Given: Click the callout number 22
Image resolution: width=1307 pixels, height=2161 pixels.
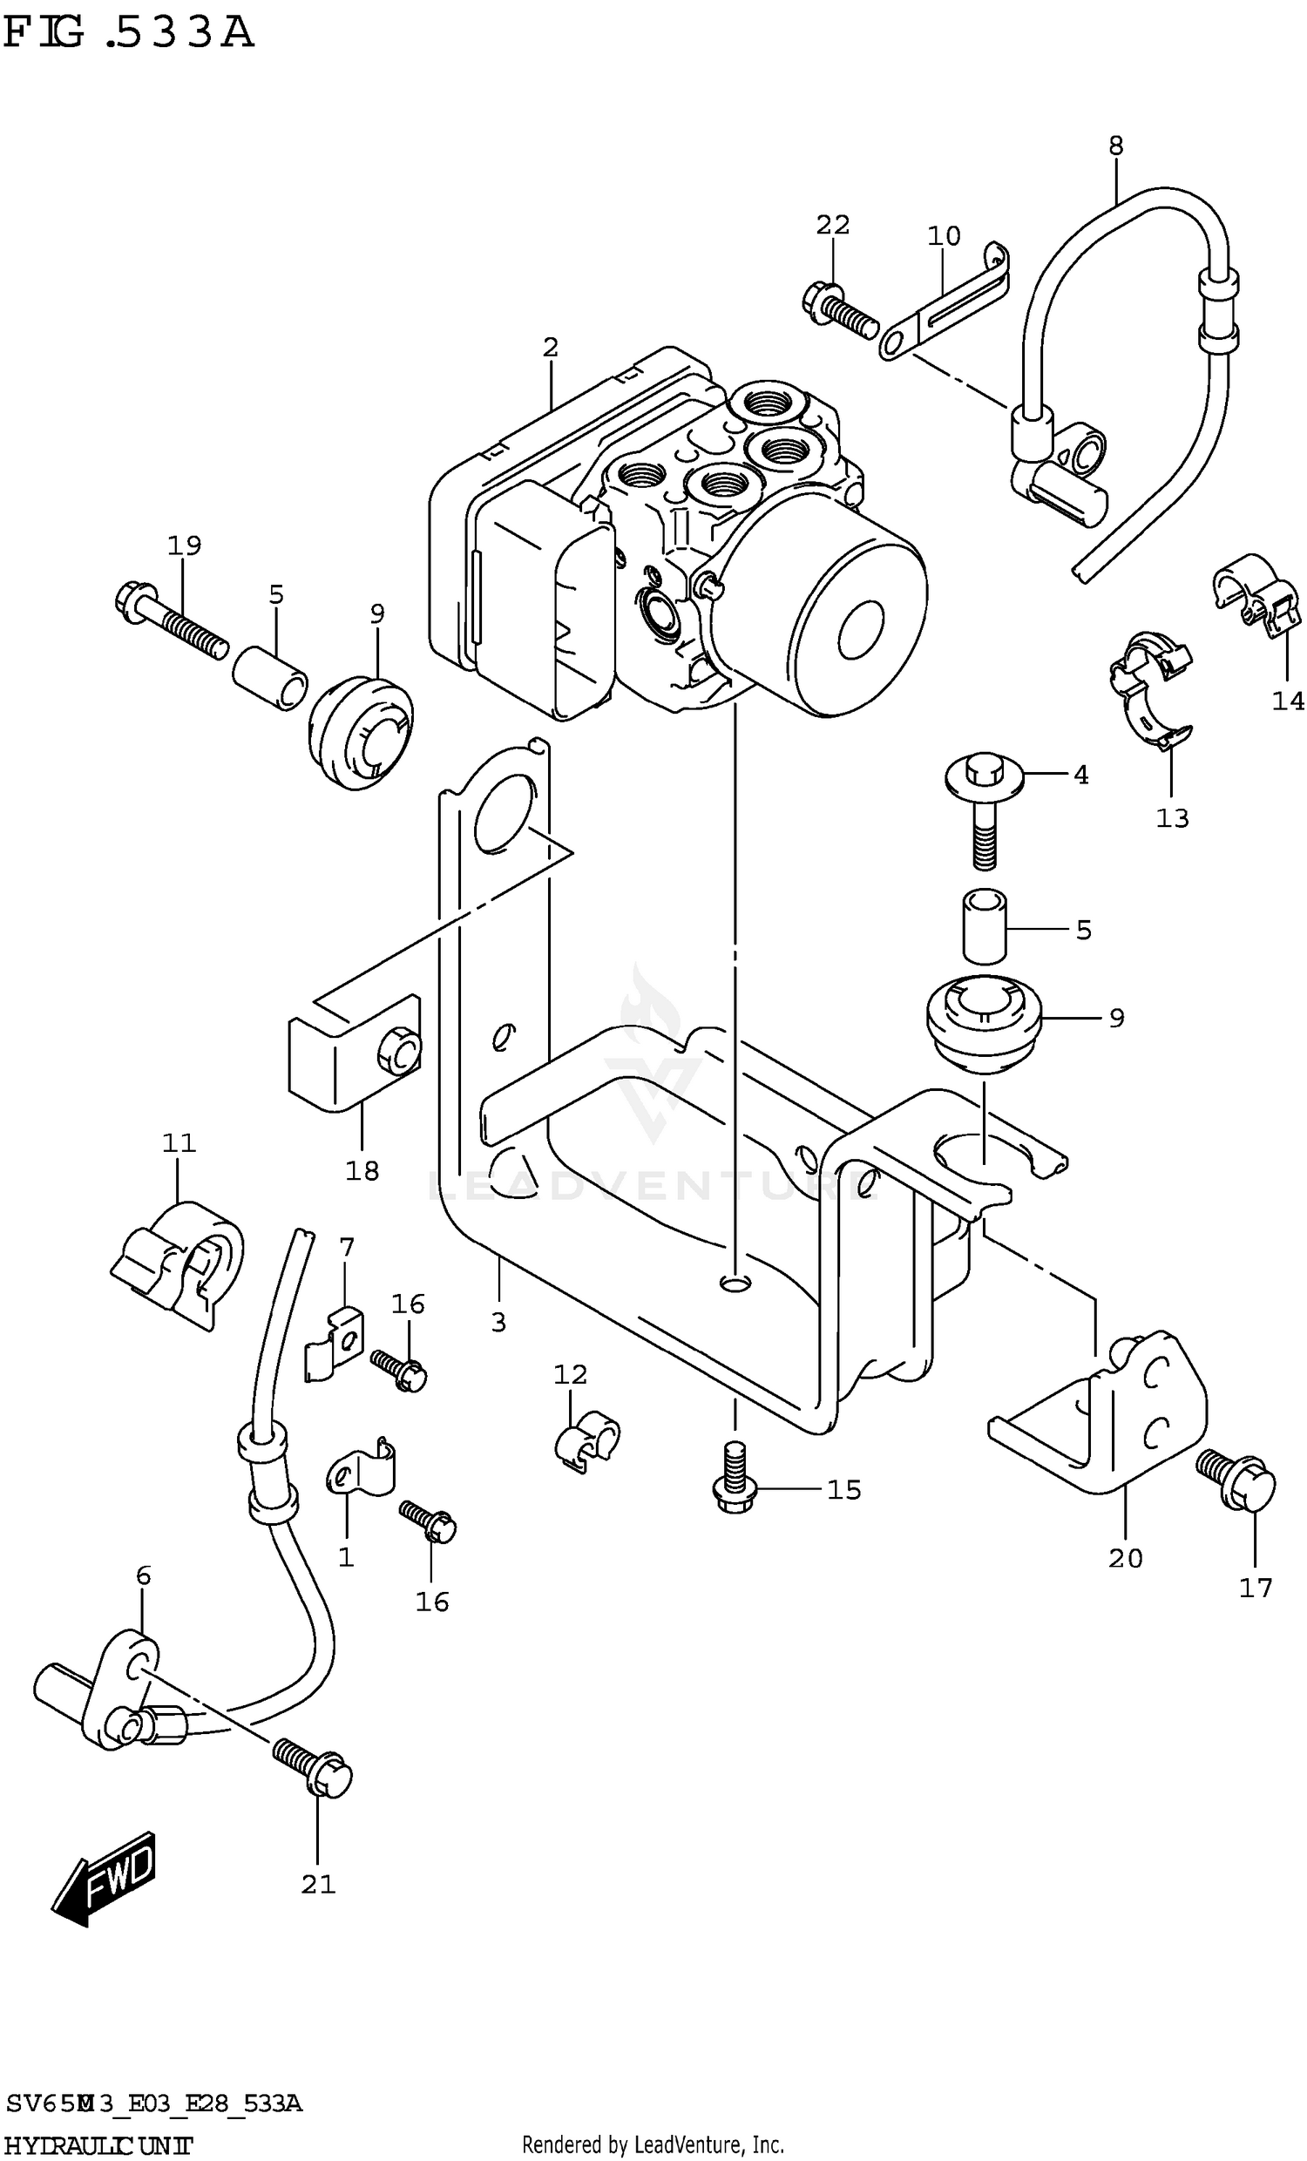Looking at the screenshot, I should tap(832, 226).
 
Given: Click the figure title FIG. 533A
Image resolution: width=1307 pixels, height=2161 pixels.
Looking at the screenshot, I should tap(129, 32).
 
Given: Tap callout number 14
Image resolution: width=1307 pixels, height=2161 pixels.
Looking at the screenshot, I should tap(1288, 701).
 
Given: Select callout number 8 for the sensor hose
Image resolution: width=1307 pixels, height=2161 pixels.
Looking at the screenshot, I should tap(1115, 146).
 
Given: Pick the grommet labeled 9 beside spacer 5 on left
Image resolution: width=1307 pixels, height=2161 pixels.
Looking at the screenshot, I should tap(362, 730).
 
